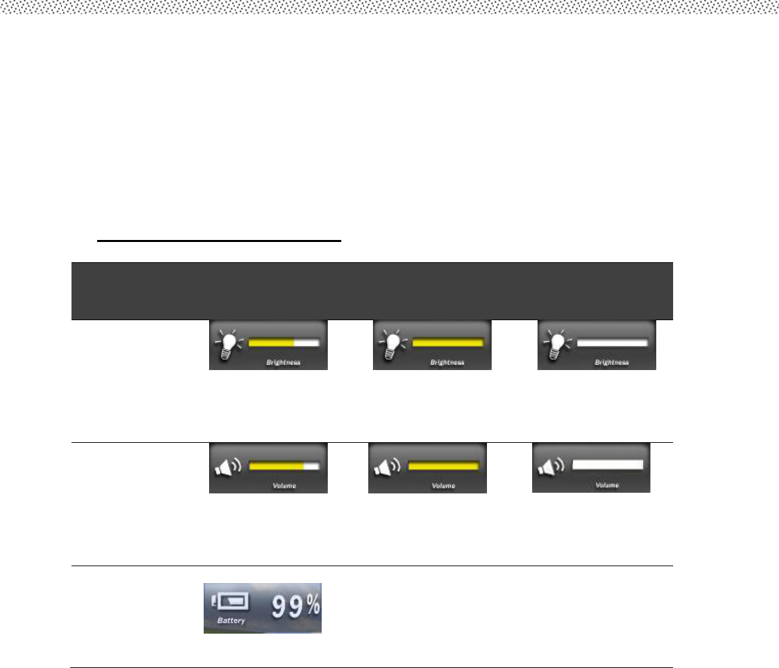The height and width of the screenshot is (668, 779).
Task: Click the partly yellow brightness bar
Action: pos(284,342)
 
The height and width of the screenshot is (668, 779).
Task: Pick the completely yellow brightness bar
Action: pos(449,342)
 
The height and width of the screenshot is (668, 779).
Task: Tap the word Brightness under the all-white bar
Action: pos(612,363)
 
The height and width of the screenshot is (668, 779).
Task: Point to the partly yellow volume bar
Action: pos(284,465)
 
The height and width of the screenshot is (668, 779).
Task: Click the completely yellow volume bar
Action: pos(444,465)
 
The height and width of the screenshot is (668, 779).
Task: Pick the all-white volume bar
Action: pos(608,464)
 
